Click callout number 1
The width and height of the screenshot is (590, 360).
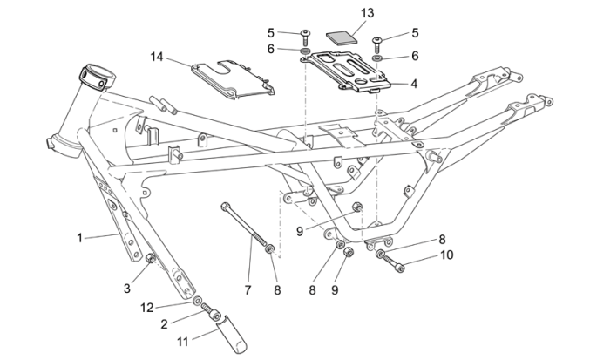click(x=80, y=236)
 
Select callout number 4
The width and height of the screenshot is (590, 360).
click(x=414, y=84)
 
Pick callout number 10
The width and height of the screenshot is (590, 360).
click(x=447, y=255)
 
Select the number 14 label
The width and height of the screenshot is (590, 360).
click(x=157, y=57)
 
